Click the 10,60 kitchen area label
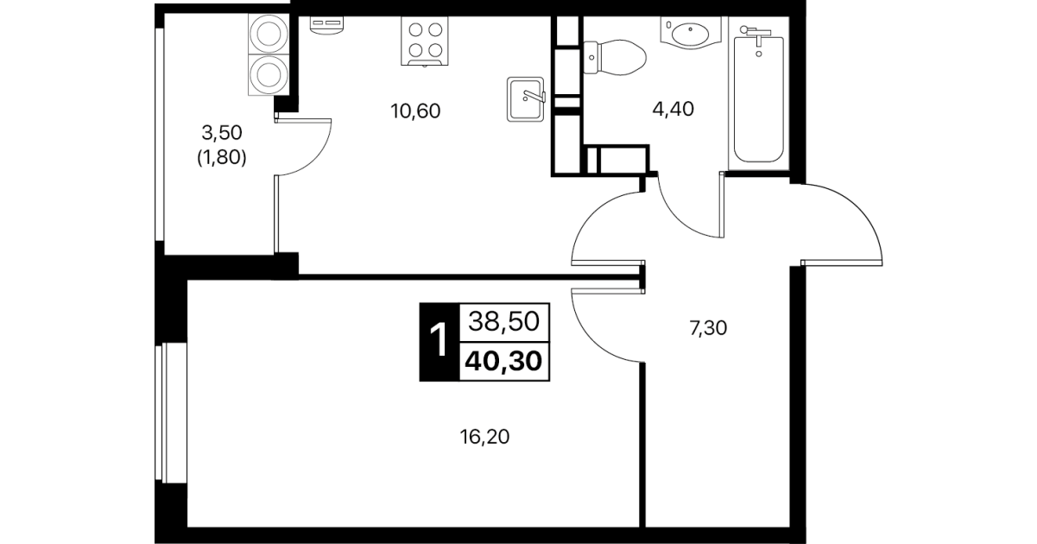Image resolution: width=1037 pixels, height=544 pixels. coord(415,111)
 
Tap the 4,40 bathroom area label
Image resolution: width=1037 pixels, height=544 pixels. coord(673,110)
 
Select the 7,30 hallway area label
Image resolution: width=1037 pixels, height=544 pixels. coord(708,328)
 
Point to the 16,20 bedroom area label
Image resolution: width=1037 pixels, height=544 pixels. coord(484,437)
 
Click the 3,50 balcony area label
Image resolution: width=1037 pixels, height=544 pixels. coord(222,133)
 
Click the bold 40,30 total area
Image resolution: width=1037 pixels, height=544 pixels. coord(503,361)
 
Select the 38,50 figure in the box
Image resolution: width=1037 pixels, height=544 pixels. coord(503,321)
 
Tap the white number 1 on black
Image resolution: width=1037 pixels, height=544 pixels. coord(439,340)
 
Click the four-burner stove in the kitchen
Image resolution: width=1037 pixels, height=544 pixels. coord(425,41)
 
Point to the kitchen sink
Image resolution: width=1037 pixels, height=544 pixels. coord(526,99)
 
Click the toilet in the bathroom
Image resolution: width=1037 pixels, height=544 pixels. coord(614,57)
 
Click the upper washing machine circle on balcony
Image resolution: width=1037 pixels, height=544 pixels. coord(269,35)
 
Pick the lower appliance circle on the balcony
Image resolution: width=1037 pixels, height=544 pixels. coord(269,74)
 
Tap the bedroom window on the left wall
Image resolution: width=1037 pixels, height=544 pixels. coord(171,412)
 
